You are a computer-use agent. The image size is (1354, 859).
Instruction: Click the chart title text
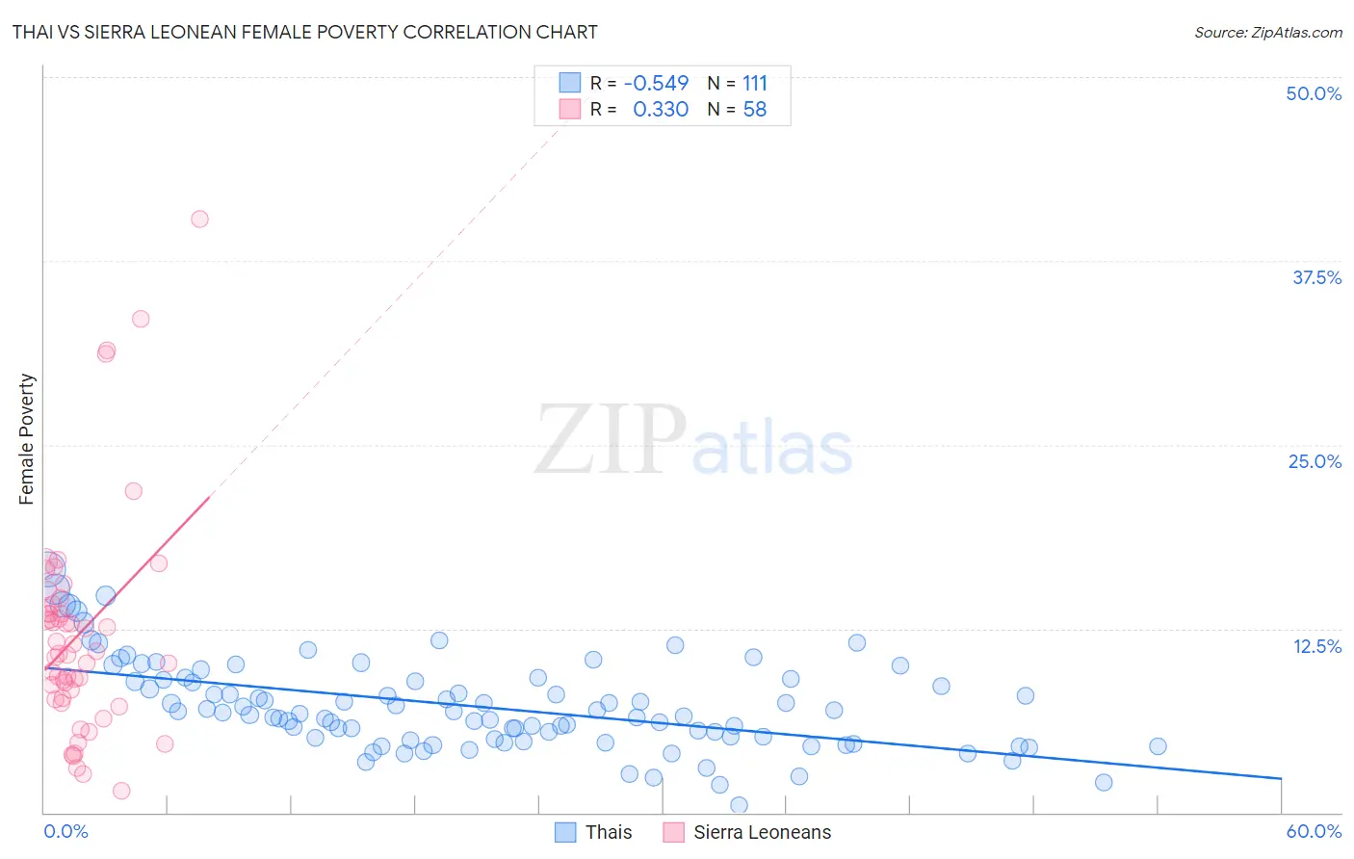(304, 32)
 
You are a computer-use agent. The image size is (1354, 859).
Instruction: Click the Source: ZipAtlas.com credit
(1267, 32)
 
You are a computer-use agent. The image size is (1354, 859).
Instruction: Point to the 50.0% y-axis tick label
(1314, 93)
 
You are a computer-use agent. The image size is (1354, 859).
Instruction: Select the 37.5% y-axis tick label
(1316, 277)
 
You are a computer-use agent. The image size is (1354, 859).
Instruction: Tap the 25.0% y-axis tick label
(1315, 461)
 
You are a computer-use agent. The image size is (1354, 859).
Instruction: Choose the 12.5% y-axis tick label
(1316, 646)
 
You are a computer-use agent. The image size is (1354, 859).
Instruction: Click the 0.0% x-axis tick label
(65, 831)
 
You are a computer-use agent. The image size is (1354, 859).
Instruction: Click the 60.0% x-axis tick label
(1314, 831)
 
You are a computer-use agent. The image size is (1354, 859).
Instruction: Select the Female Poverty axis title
(27, 439)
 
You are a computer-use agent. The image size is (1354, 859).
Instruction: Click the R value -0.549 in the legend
(656, 83)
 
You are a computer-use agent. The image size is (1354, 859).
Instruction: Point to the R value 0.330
(661, 109)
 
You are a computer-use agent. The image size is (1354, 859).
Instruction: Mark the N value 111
(755, 83)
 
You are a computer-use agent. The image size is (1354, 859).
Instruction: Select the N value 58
(755, 109)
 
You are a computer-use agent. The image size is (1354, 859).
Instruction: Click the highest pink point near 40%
(199, 219)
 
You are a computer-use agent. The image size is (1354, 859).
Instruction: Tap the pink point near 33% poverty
(141, 319)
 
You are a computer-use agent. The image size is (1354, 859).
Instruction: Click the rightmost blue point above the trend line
(1158, 746)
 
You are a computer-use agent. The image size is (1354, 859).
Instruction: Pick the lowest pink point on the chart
(121, 791)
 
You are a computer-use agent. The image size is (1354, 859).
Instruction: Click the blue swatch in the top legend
(570, 83)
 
